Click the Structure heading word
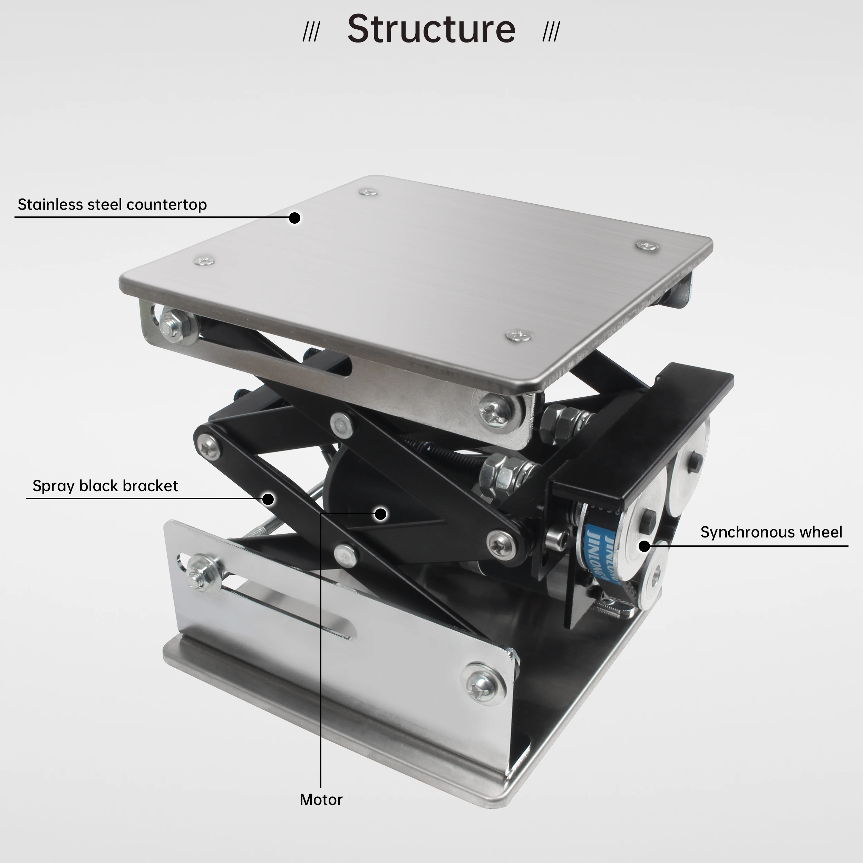(431, 29)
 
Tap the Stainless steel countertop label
(112, 205)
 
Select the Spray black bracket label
(105, 486)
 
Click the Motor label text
(321, 799)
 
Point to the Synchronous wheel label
(771, 532)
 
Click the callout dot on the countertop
(294, 217)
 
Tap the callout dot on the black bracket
(268, 499)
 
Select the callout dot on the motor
(380, 514)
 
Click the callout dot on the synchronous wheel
(644, 546)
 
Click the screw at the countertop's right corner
(647, 246)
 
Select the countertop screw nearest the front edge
(518, 336)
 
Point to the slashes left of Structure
(311, 32)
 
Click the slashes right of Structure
(551, 32)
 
